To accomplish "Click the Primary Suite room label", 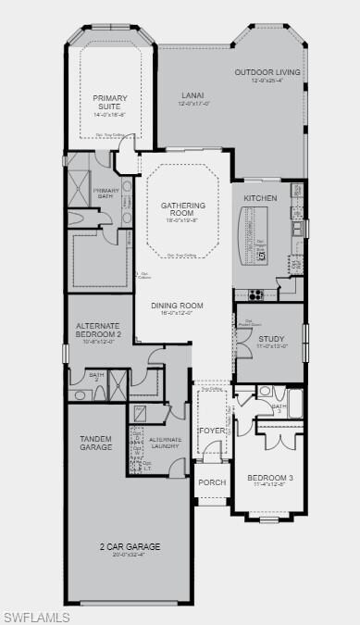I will pos(108,101).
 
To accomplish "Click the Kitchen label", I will pos(260,198).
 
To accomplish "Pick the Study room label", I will pos(271,339).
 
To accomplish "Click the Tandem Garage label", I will pos(95,442).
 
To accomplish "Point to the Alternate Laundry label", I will pos(166,443).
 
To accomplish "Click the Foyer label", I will pos(211,430).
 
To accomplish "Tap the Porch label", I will pos(212,481).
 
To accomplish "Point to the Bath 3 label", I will pos(279,408).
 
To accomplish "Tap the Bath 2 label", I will pos(96,376).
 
